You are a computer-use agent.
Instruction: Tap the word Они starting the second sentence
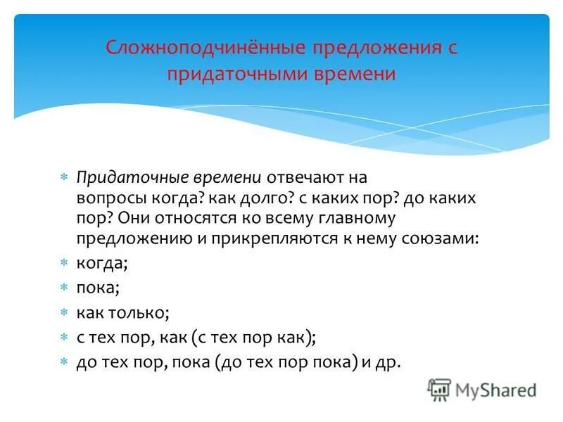124,218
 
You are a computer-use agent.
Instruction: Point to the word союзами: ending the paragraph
440,238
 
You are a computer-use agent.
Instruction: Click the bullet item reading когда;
102,264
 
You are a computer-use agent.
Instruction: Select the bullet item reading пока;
99,288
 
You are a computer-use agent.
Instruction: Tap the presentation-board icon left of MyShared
439,390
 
